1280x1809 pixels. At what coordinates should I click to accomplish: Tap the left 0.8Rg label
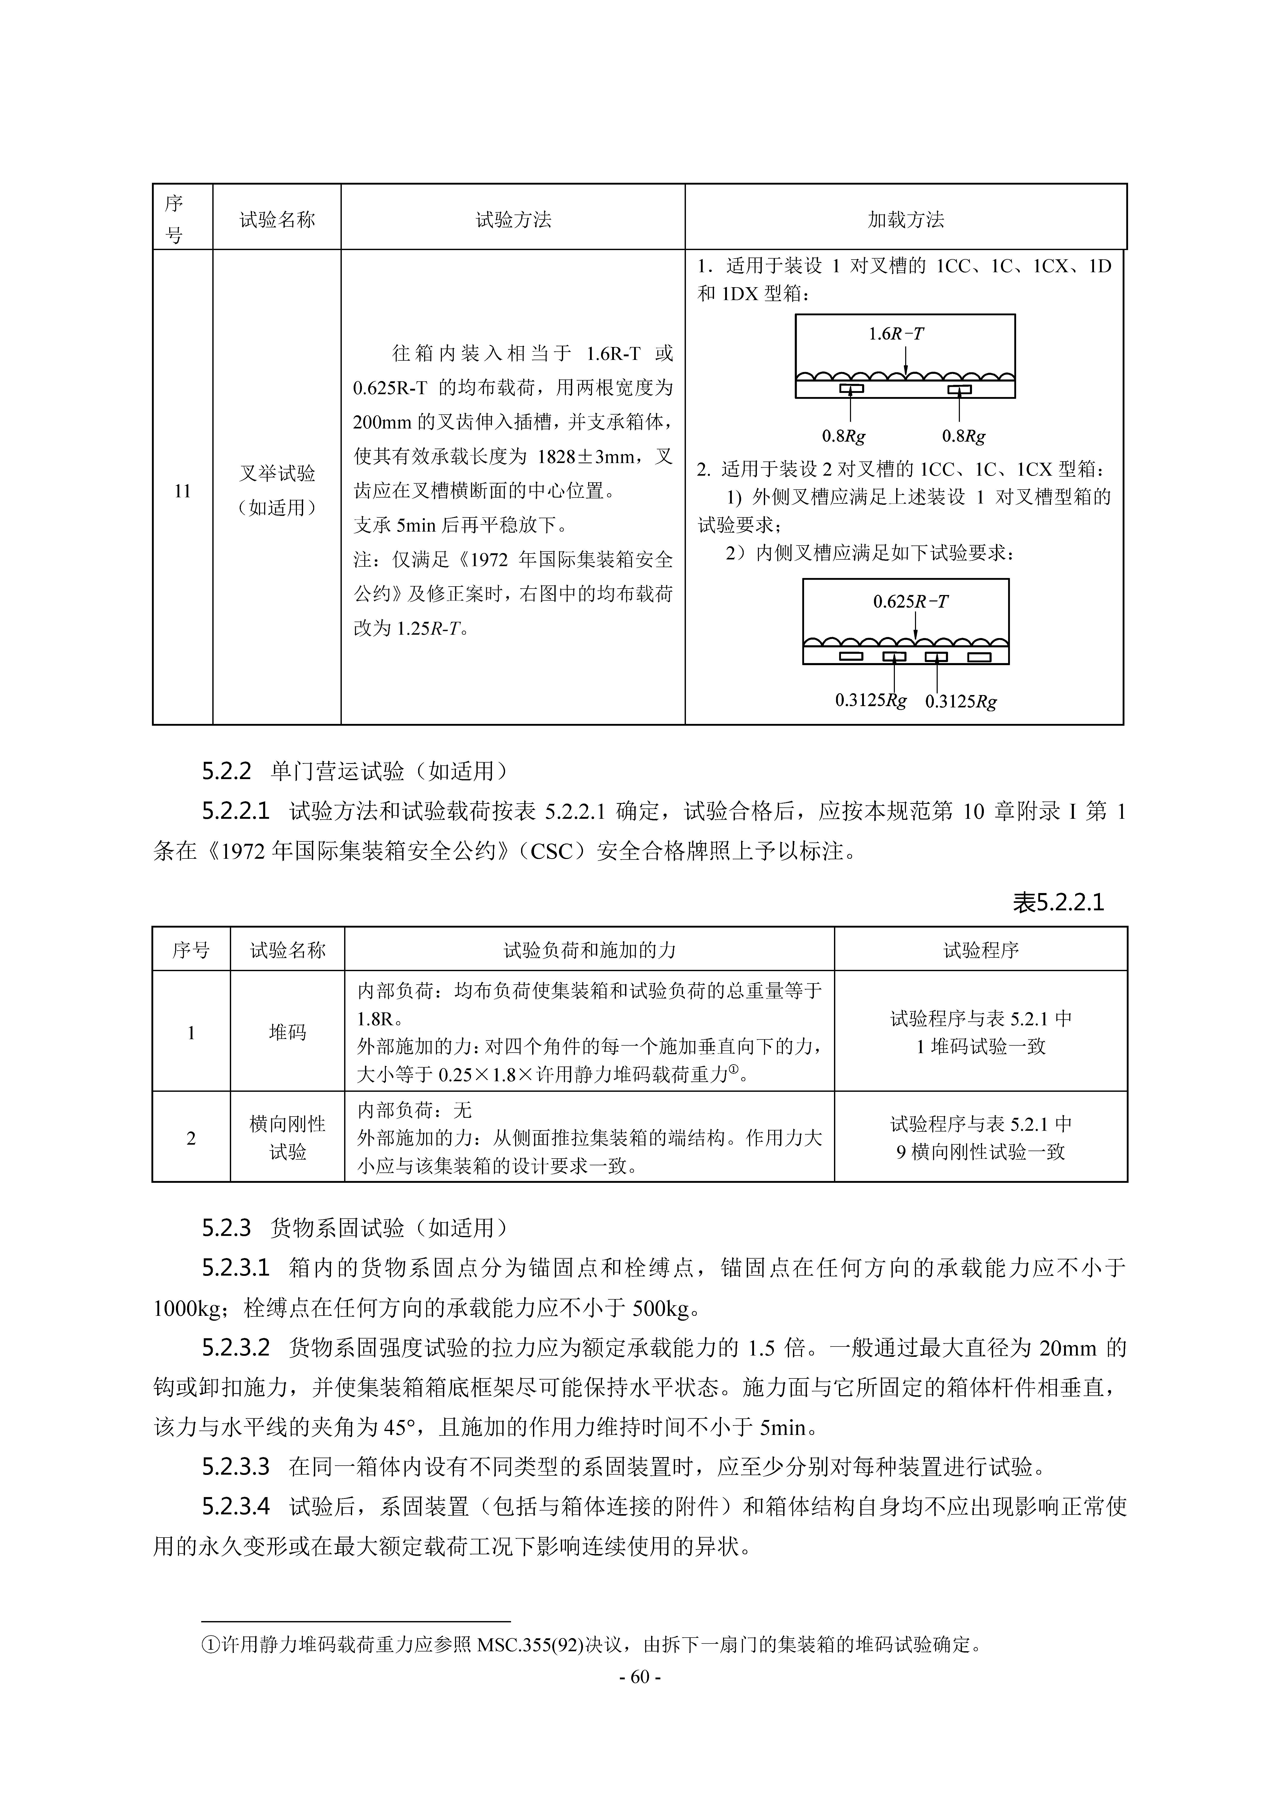843,436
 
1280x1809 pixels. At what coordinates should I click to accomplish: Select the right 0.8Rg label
963,436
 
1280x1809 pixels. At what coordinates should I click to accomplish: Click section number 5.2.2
226,771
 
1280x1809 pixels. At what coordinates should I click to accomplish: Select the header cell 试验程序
981,950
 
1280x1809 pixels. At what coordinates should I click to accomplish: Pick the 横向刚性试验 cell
288,1138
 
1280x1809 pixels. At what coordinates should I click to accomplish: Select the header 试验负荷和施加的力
589,950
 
